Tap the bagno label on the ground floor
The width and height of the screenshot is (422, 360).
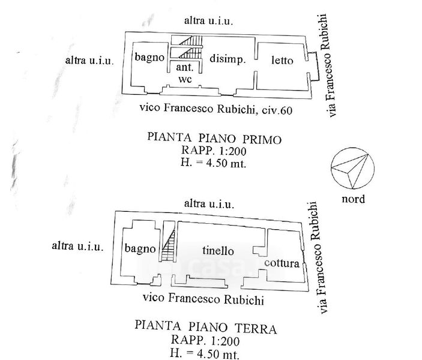click(140, 248)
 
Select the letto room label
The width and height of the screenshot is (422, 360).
click(282, 59)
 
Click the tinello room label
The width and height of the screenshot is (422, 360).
click(217, 251)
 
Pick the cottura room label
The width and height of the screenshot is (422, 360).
click(282, 263)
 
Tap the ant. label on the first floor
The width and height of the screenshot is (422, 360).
click(184, 68)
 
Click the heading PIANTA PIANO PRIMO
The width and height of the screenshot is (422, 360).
click(214, 138)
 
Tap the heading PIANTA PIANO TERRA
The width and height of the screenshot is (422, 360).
click(205, 328)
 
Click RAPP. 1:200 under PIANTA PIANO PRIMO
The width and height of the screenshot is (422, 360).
click(214, 150)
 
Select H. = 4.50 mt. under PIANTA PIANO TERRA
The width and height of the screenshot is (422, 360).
click(205, 353)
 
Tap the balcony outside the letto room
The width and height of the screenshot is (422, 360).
click(314, 65)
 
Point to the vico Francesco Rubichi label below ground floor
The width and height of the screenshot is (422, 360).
click(203, 298)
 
